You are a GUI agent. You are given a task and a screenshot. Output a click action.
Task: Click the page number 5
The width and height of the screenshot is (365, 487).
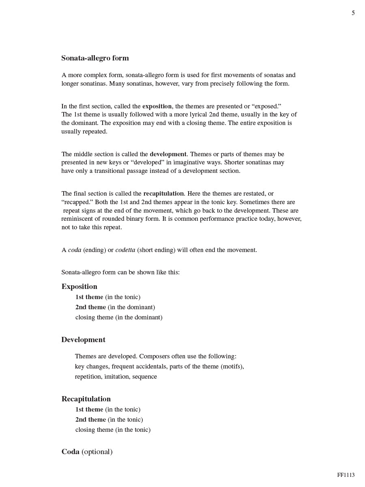353,13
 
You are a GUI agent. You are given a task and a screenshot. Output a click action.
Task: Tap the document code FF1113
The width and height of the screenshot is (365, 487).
346,475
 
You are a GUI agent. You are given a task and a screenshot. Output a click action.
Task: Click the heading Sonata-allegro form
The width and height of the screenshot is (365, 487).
95,58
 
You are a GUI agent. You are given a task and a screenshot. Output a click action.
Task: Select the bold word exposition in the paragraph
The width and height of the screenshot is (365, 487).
157,106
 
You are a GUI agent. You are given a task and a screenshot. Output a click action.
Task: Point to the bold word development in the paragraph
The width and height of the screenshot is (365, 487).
168,154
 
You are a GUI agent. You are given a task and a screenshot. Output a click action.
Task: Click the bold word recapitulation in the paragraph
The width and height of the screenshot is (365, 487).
163,194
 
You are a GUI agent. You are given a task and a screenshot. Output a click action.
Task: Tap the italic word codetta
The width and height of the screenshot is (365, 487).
125,250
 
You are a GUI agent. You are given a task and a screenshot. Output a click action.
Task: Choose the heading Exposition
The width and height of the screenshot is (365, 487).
79,287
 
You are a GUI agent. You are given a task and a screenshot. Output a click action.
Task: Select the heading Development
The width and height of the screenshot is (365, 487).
83,340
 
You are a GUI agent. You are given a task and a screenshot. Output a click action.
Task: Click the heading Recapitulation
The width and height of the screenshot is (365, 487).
86,399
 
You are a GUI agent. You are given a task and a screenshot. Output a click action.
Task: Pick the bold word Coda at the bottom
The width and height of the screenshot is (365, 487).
70,452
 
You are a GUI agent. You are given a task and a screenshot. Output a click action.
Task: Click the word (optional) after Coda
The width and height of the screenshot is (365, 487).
97,452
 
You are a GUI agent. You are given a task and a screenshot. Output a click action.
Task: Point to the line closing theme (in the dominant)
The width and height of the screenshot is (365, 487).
119,317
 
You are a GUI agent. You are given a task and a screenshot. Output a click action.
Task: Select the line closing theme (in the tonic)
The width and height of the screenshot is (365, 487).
113,430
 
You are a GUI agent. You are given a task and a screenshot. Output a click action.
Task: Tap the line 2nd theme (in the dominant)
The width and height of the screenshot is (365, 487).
115,307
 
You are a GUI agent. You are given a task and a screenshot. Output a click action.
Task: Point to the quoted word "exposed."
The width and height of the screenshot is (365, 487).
267,106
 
